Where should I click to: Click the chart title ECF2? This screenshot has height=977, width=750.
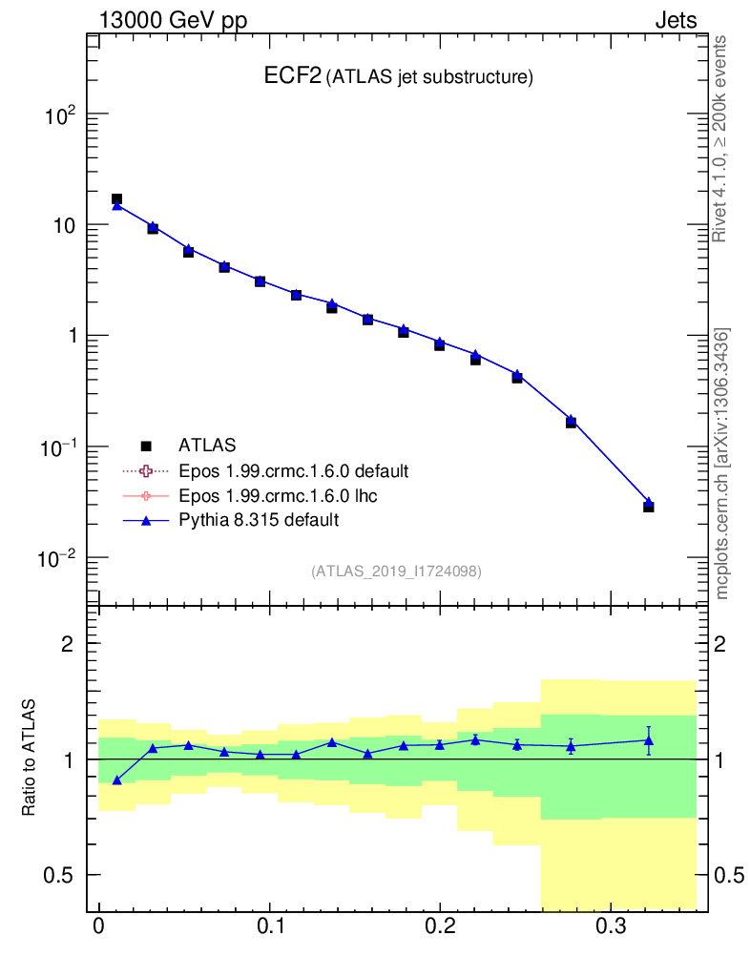292,77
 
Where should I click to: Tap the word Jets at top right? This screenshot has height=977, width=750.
675,20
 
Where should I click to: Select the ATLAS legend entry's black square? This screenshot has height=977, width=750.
146,446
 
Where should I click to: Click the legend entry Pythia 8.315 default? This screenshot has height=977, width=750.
259,520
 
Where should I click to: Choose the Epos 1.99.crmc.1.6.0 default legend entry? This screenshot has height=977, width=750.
294,470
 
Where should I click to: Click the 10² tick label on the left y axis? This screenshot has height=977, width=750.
58,115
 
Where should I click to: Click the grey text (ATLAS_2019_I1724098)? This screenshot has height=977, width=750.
395,572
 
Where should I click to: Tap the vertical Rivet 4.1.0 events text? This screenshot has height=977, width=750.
719,139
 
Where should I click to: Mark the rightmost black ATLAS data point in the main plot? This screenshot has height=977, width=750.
648,507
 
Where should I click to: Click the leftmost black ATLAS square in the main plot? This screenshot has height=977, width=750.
116,199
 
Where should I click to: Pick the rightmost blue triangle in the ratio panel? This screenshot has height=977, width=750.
649,740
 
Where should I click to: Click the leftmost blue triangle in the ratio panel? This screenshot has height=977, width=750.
116,780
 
